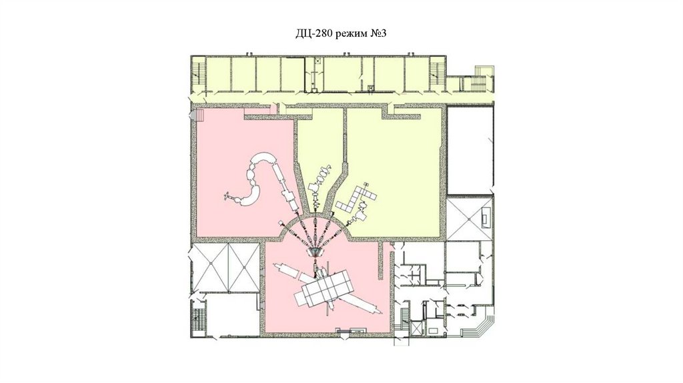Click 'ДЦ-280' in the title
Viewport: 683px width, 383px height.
click(x=315, y=33)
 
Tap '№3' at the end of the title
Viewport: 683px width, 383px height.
click(x=378, y=33)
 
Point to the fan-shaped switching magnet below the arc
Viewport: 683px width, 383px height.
click(x=315, y=252)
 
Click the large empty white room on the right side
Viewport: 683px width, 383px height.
click(x=470, y=151)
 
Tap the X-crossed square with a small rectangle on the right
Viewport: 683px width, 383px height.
click(x=470, y=218)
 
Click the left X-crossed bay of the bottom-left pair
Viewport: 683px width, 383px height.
click(x=210, y=267)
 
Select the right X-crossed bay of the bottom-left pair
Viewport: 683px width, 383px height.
click(x=244, y=267)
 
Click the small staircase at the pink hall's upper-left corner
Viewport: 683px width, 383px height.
click(x=199, y=115)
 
